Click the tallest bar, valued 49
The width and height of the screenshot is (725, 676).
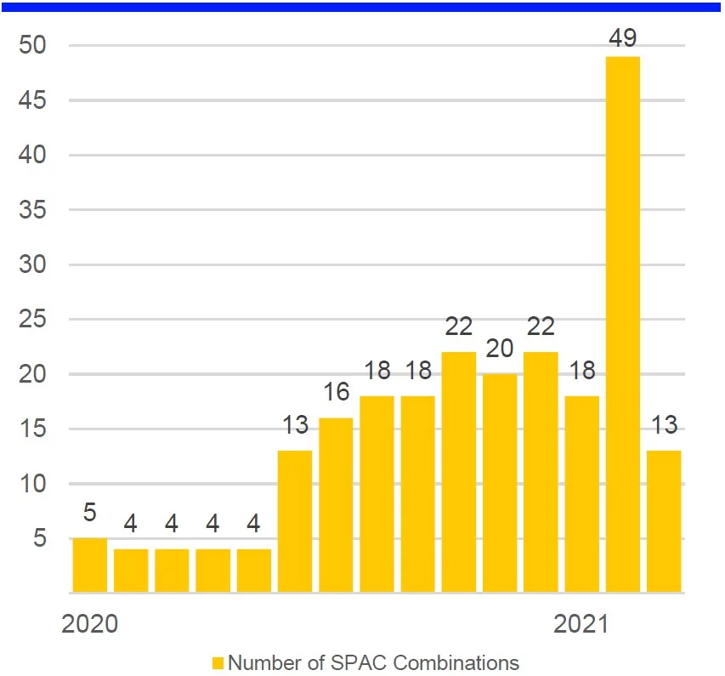pos(622,323)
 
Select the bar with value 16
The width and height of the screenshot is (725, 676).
pos(336,505)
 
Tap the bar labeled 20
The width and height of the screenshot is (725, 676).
pos(500,483)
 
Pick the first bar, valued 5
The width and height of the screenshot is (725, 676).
pos(90,565)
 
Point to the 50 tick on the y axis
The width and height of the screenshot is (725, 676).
pos(34,46)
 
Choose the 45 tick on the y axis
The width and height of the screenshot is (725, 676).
pos(34,100)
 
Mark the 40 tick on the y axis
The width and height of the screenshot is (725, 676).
pos(34,156)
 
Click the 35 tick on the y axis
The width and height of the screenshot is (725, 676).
pos(34,210)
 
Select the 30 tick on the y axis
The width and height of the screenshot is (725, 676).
pos(34,265)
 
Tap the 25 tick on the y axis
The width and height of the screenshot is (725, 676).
pos(34,320)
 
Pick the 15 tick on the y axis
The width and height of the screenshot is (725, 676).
pos(34,429)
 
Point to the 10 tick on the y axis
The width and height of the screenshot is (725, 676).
pos(34,485)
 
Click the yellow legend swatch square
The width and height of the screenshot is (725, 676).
pos(218,662)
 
